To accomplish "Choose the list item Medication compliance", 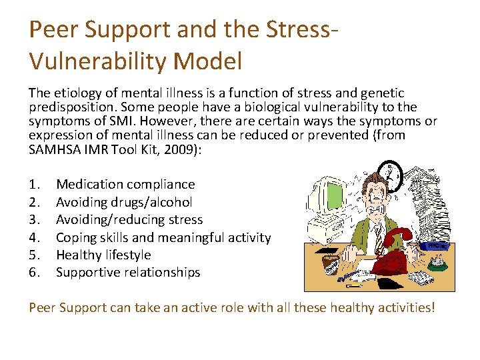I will (x=125, y=185).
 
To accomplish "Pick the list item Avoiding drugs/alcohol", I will (x=124, y=202).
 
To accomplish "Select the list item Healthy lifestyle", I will (x=103, y=255).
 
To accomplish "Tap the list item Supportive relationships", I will (x=128, y=272).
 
